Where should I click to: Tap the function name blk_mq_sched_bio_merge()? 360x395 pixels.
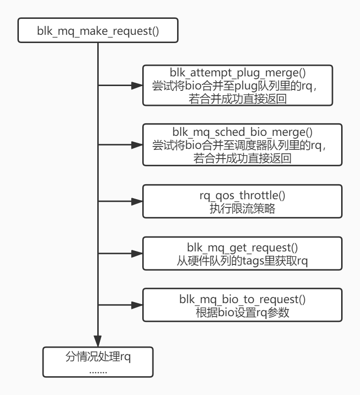(238, 132)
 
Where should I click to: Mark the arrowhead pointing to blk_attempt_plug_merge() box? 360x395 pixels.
(137, 87)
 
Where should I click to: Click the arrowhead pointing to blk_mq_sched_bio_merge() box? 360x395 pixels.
(137, 145)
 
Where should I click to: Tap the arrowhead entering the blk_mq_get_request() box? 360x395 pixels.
(137, 254)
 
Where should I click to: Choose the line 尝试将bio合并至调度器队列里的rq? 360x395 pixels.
(238, 145)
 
